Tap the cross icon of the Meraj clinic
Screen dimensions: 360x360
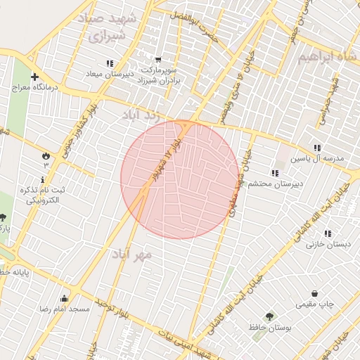click(34, 76)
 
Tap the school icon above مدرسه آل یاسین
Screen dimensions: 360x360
click(317, 148)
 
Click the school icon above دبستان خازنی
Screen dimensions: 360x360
click(326, 233)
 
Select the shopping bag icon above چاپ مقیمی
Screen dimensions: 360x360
click(314, 293)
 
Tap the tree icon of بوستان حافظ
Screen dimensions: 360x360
click(269, 317)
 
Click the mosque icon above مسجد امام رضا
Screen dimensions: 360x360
click(65, 298)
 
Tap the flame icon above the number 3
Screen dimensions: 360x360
click(46, 155)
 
